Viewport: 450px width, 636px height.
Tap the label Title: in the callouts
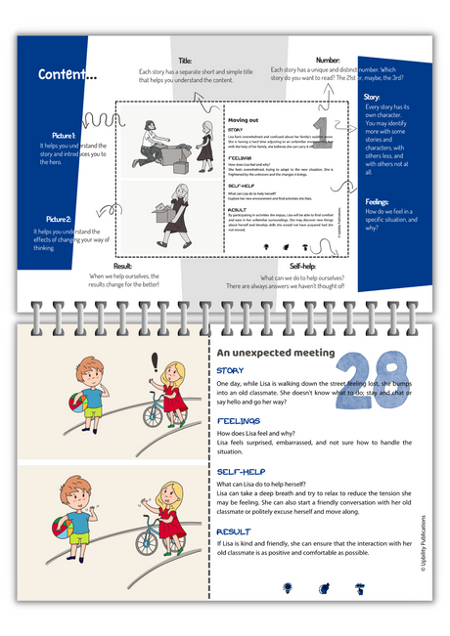pyautogui.click(x=185, y=61)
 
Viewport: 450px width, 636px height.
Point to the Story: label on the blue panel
pyautogui.click(x=372, y=97)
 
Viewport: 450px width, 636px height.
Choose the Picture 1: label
pyautogui.click(x=64, y=135)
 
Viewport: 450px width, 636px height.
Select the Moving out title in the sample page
pyautogui.click(x=246, y=117)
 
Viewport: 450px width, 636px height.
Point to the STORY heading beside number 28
pyautogui.click(x=231, y=371)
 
